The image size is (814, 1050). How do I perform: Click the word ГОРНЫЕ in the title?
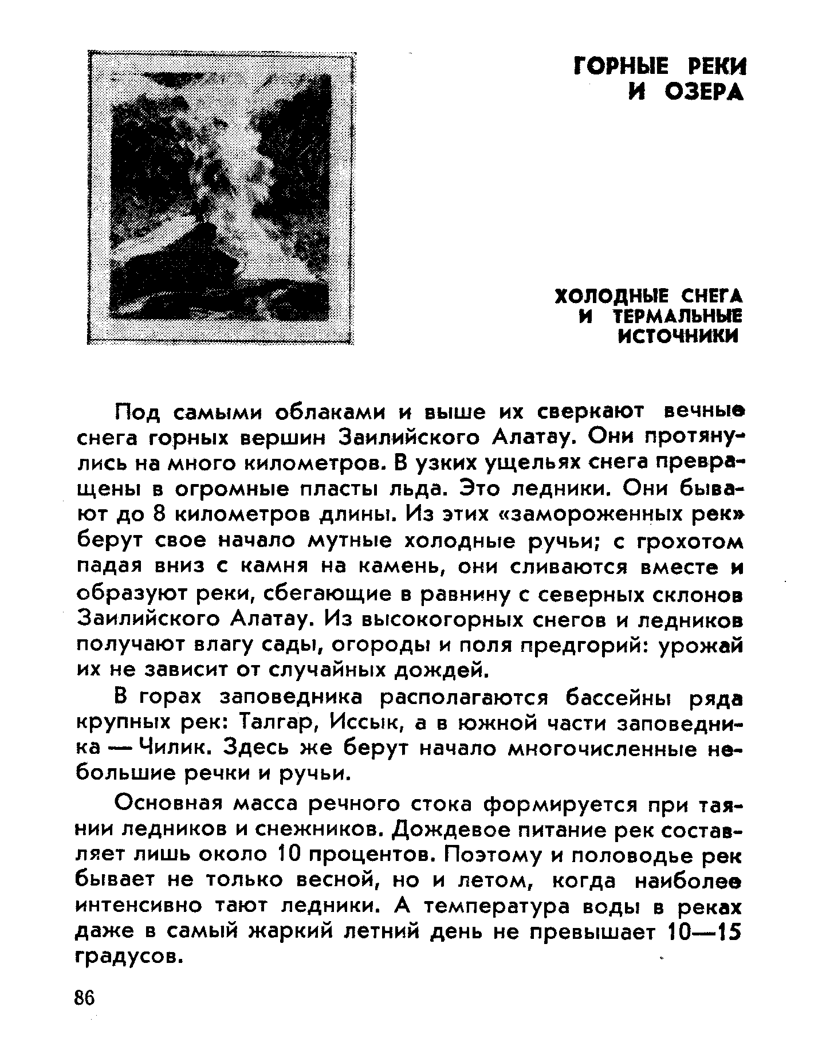coord(620,67)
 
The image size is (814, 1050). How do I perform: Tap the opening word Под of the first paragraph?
coord(136,412)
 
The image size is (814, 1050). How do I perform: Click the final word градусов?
coord(124,957)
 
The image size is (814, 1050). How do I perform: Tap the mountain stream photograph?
coord(221,197)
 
